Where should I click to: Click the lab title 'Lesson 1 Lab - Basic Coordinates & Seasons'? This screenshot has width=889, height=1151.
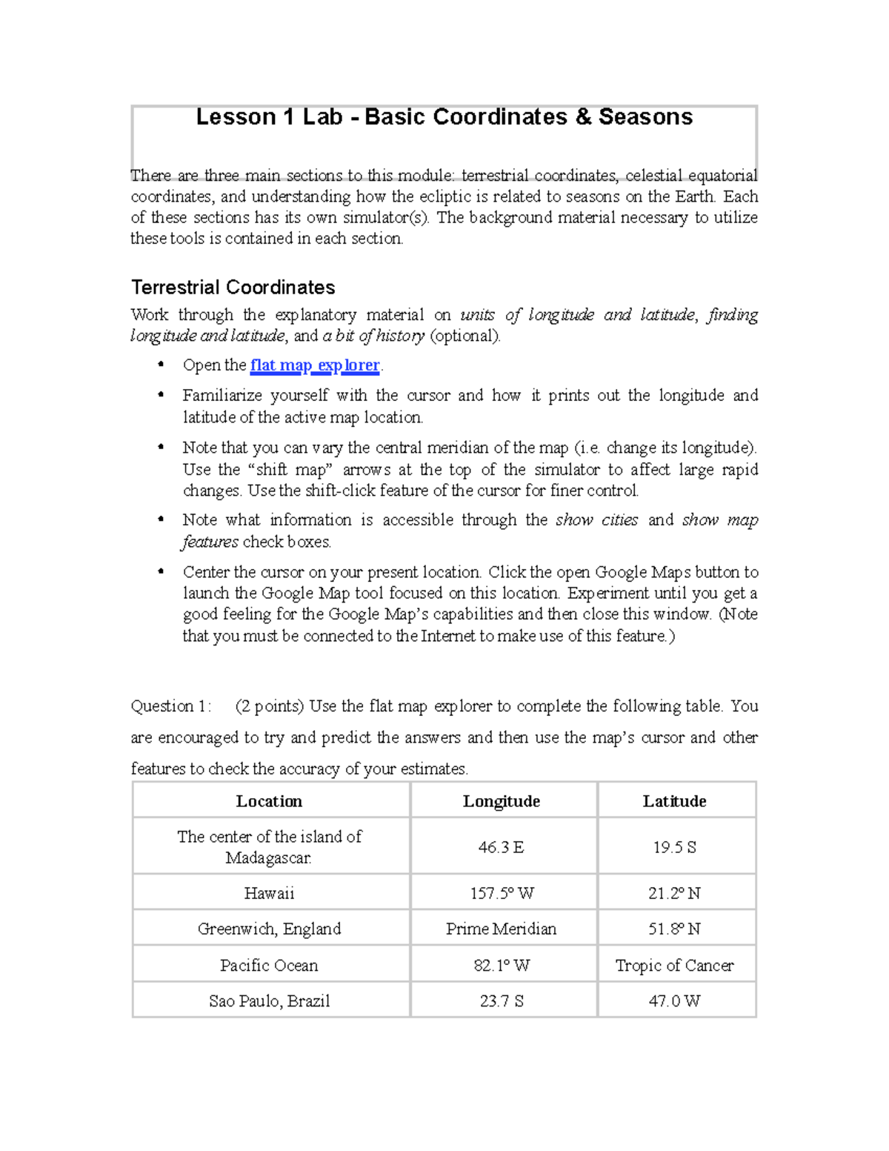(444, 117)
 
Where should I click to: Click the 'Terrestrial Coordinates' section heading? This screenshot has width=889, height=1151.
(233, 288)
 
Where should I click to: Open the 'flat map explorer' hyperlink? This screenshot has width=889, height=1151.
(315, 365)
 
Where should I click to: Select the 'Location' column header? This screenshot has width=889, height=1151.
(269, 801)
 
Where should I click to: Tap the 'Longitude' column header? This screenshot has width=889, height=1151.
(502, 801)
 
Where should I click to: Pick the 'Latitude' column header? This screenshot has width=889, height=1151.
(674, 801)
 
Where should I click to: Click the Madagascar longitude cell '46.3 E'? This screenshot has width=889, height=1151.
(502, 847)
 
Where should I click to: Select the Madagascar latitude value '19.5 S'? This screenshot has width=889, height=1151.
(674, 847)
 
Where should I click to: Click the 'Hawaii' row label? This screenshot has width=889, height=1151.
(269, 893)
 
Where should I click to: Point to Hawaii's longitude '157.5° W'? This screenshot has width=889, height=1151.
(502, 893)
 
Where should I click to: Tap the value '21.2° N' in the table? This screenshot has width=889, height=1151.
(674, 893)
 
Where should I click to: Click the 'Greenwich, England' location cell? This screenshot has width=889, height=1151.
(269, 929)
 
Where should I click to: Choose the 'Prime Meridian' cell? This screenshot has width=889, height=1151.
(502, 929)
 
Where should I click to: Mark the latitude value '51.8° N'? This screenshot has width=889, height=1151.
(674, 929)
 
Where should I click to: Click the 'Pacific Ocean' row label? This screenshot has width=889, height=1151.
(269, 965)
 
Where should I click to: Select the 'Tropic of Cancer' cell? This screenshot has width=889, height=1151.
(674, 965)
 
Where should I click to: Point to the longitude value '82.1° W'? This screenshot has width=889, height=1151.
(502, 965)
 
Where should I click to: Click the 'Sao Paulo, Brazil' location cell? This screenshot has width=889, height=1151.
(269, 1001)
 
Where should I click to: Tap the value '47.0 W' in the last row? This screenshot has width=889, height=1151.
(674, 1001)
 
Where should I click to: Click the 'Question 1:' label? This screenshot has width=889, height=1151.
(170, 706)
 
